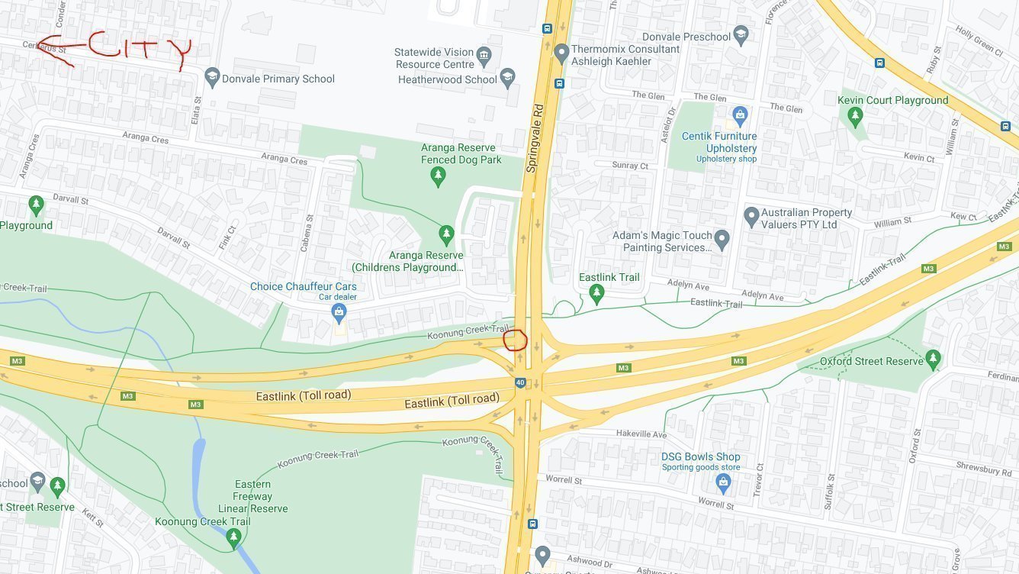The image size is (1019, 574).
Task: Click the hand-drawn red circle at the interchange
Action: [x=516, y=339]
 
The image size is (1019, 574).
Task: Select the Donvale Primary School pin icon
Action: [x=211, y=78]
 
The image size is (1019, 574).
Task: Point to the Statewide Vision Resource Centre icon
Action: [x=484, y=55]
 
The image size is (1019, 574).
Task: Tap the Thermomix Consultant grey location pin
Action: [x=561, y=53]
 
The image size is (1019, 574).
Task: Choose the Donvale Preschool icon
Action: [x=741, y=36]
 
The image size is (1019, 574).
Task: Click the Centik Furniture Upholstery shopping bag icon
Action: [x=739, y=116]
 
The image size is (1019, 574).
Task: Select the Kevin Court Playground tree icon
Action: [x=855, y=118]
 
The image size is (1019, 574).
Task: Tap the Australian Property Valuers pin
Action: [x=751, y=217]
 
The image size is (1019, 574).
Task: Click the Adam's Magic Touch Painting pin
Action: [x=722, y=240]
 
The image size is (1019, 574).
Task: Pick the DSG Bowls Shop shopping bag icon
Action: [x=723, y=482]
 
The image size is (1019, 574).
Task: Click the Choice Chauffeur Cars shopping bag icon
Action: [x=339, y=311]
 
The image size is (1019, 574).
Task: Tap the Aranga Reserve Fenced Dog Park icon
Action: [x=438, y=177]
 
